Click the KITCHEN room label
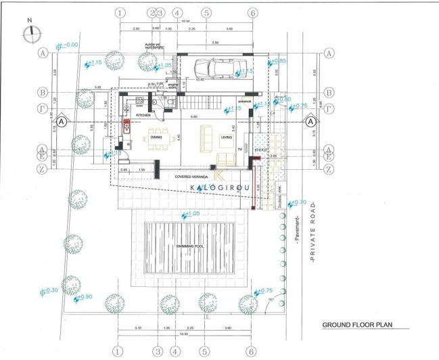click(143, 116)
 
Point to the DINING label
click(156, 137)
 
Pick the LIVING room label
click(226, 137)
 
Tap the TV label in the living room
click(239, 149)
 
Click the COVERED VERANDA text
click(193, 176)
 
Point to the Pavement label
click(297, 229)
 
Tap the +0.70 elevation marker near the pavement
click(298, 202)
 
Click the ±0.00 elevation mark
click(68, 45)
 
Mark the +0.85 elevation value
click(281, 61)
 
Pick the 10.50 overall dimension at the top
click(186, 21)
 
